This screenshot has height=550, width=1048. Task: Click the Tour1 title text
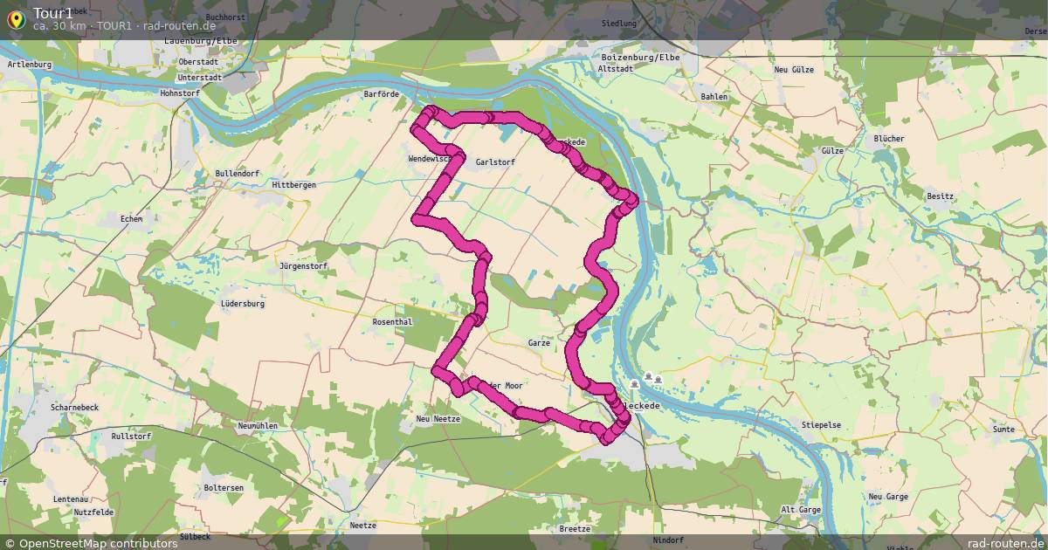pyautogui.click(x=53, y=12)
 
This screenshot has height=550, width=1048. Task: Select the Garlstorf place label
pyautogui.click(x=495, y=162)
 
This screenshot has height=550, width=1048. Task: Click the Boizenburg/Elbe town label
pyautogui.click(x=640, y=58)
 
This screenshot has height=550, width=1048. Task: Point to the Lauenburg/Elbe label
pyautogui.click(x=201, y=40)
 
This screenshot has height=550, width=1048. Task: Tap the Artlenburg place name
pyautogui.click(x=30, y=65)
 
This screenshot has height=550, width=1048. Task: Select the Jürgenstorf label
pyautogui.click(x=303, y=266)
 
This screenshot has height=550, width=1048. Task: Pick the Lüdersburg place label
pyautogui.click(x=243, y=304)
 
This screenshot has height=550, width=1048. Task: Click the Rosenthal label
pyautogui.click(x=392, y=322)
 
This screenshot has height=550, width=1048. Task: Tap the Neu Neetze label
pyautogui.click(x=438, y=419)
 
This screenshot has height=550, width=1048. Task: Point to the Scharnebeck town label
pyautogui.click(x=75, y=408)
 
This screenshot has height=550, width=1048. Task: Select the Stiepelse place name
pyautogui.click(x=821, y=425)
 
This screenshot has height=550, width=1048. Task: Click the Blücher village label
pyautogui.click(x=889, y=139)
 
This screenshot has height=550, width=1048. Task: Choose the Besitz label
pyautogui.click(x=940, y=196)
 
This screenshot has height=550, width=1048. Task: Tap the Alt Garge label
pyautogui.click(x=800, y=510)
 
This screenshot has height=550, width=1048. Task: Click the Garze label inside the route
pyautogui.click(x=539, y=343)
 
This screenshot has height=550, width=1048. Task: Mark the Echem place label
pyautogui.click(x=131, y=219)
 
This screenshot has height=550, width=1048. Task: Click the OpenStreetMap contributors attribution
pyautogui.click(x=91, y=543)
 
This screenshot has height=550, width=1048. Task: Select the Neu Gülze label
pyautogui.click(x=794, y=70)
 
